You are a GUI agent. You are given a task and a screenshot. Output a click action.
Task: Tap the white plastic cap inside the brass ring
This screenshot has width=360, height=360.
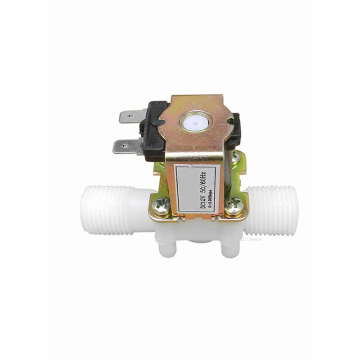195,121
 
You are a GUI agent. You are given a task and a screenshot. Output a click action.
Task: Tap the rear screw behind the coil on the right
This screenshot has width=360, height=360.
235,156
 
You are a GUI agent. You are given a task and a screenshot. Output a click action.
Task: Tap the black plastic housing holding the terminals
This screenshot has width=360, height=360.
151,130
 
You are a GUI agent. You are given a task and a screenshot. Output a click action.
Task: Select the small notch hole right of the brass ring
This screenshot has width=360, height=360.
230,121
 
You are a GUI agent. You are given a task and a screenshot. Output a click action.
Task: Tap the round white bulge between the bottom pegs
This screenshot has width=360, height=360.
198,243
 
